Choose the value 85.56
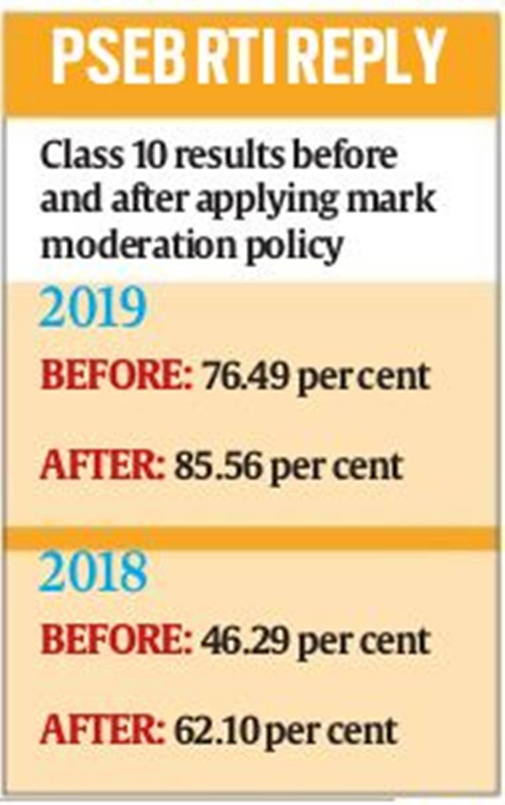click(x=218, y=466)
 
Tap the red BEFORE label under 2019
click(x=116, y=377)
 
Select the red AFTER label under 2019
click(x=102, y=466)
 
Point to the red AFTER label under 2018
click(x=102, y=730)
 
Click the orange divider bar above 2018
click(x=253, y=538)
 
